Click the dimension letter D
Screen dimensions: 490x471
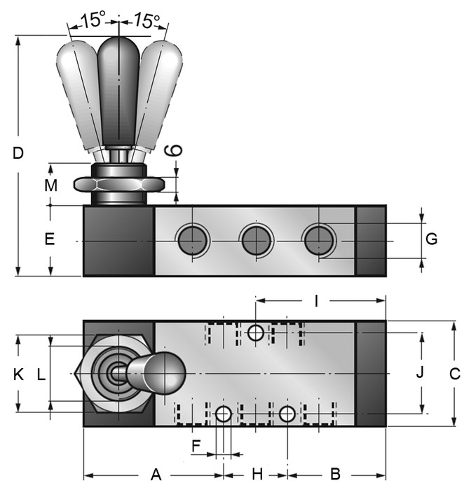pos(19,153)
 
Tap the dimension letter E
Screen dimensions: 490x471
pos(49,239)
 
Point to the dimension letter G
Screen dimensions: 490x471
pos(432,239)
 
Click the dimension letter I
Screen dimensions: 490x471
pos(317,302)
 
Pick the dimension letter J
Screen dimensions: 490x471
pos(420,372)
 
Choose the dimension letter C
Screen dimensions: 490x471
pos(454,374)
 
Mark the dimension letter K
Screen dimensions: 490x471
pos(18,374)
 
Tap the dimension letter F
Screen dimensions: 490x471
pos(197,445)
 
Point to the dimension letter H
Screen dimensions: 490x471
pos(257,474)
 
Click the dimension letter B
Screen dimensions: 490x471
pos(335,474)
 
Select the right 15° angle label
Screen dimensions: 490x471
pos(146,20)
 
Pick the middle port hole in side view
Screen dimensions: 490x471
pos(255,241)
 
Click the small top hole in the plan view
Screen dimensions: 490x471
pos(257,333)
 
